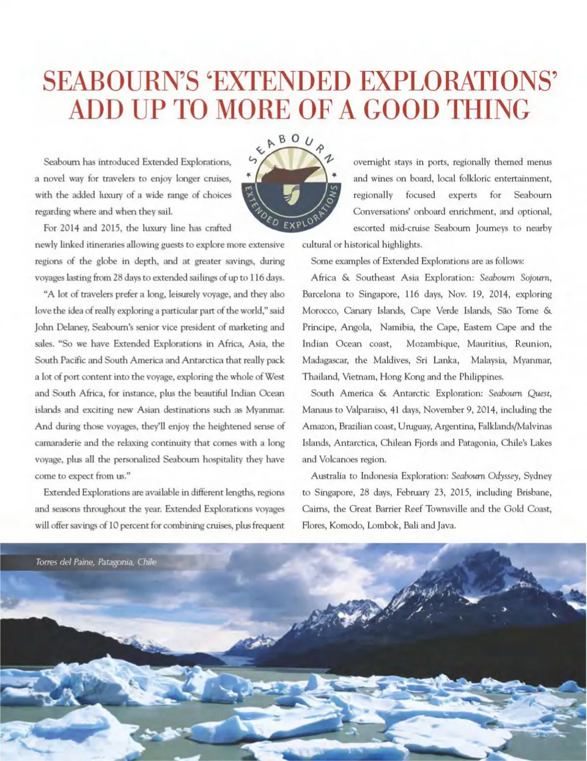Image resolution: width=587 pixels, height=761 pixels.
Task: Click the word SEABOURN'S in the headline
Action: [x=117, y=81]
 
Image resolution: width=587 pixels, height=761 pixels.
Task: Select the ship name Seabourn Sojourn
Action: [x=515, y=278]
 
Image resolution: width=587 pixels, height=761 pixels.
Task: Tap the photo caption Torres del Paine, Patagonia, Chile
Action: [x=95, y=562]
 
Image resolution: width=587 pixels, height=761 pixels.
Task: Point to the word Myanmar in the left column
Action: [x=265, y=410]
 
